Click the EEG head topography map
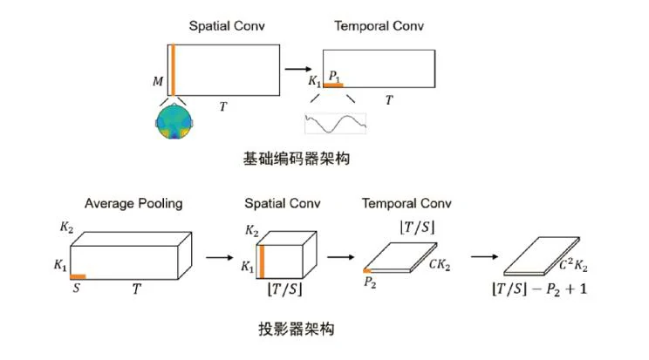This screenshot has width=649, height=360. [x=174, y=120]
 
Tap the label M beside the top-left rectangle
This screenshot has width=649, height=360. [x=157, y=82]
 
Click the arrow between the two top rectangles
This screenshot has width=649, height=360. [x=297, y=68]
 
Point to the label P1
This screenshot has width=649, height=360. [x=333, y=75]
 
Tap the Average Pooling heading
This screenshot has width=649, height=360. [x=133, y=204]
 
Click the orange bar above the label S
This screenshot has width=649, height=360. [x=77, y=275]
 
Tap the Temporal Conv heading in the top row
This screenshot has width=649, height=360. [x=379, y=25]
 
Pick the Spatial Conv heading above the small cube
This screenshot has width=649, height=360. [x=283, y=204]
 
